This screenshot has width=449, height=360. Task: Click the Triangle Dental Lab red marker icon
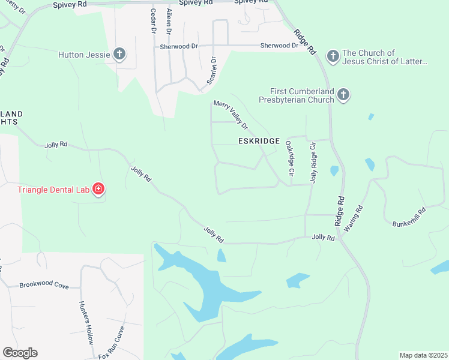point(98,190)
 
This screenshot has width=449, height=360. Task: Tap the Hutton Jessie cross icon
point(119,55)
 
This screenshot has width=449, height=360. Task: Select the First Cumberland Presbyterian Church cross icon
point(343,94)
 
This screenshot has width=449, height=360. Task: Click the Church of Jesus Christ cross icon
point(333,56)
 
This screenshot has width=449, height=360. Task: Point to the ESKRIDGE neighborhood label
point(259,141)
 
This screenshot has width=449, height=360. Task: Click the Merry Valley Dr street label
point(231,114)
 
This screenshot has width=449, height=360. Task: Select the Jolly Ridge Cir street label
point(312,162)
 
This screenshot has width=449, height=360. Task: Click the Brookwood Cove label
point(44,286)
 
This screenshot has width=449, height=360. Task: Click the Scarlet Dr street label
point(212,70)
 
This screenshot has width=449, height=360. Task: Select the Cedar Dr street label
point(153,21)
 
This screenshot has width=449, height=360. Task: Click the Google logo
point(20,353)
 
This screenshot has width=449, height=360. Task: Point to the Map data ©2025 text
point(423,355)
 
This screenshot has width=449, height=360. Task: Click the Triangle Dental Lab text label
point(53,190)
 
